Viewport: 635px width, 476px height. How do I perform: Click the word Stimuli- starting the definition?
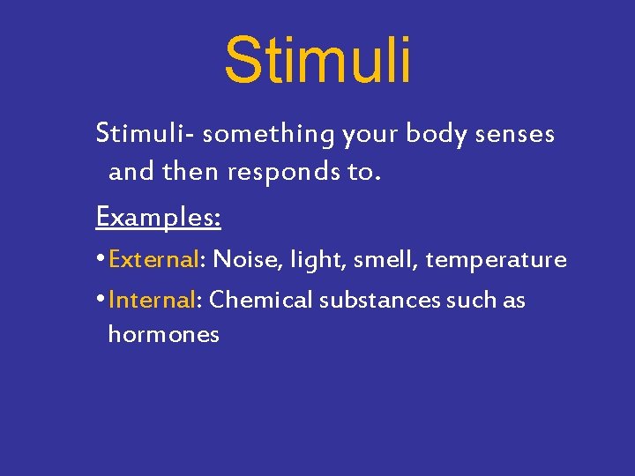tap(145, 134)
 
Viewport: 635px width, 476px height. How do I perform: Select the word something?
tap(268, 134)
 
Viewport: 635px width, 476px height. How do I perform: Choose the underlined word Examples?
tap(158, 216)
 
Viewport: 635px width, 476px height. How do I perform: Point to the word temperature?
tap(496, 260)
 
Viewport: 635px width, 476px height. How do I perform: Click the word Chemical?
tap(261, 300)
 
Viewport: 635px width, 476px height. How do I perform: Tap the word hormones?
tap(163, 335)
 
